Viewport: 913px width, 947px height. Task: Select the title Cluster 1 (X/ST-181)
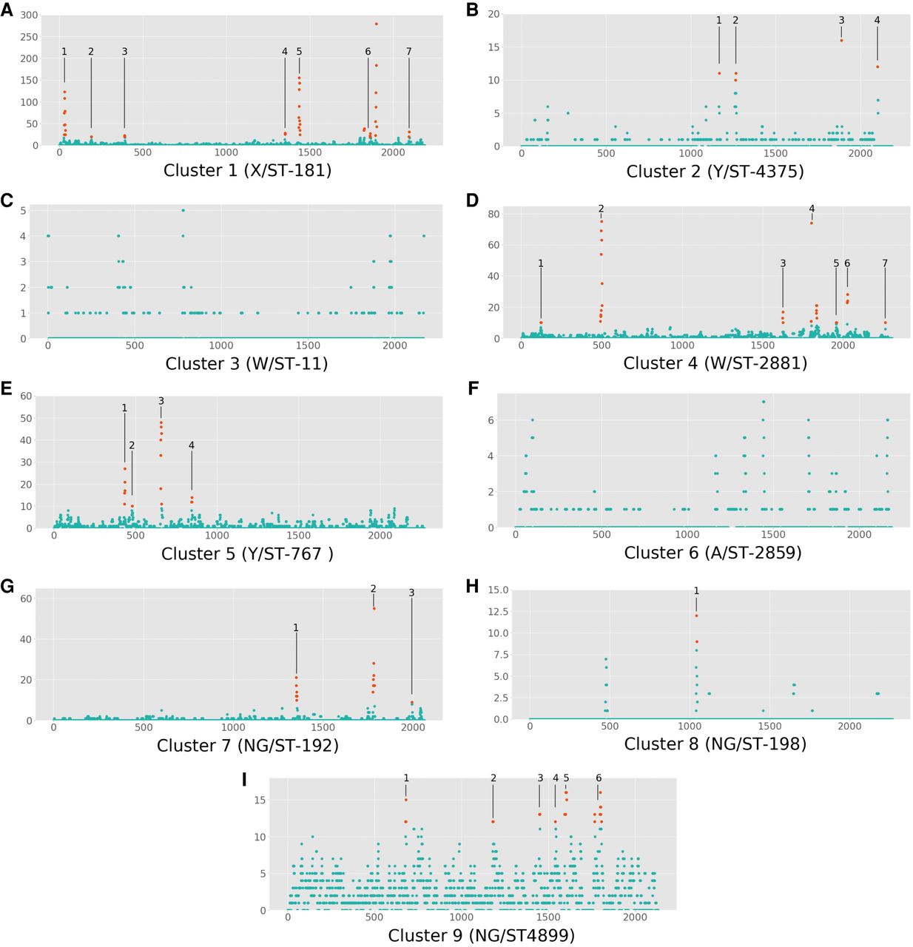pos(247,171)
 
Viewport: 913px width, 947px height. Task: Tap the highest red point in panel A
pos(376,24)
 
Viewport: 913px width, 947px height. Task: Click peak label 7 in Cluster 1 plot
pos(408,52)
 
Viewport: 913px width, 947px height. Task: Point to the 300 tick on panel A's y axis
pos(29,16)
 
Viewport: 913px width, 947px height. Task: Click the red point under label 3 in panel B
pos(841,40)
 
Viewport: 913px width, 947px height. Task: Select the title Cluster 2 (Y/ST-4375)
pos(715,172)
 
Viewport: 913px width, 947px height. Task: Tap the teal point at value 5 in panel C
pos(183,210)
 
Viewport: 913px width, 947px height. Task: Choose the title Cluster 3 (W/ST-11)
pos(246,364)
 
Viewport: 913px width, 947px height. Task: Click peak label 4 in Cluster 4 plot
pos(812,209)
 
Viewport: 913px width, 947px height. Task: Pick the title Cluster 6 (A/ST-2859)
pos(712,553)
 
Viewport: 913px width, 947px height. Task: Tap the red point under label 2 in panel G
pos(374,608)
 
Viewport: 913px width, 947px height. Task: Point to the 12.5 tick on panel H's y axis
pos(498,612)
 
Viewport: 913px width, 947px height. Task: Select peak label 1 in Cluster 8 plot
pos(696,591)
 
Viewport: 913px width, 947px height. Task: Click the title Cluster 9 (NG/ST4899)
pos(481,936)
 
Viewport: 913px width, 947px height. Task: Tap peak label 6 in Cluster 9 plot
pos(599,778)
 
